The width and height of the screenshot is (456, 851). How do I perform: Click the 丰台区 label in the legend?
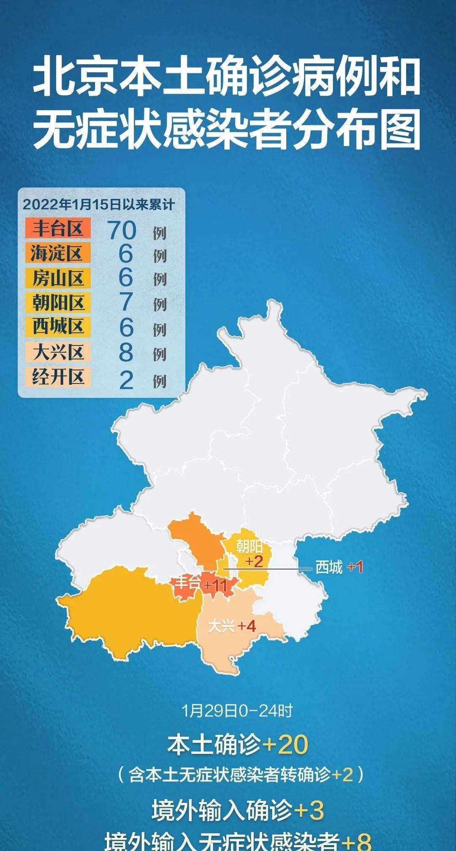coord(57,229)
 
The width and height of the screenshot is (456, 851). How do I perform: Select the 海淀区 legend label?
coord(57,253)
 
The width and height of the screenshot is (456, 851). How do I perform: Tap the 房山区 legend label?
coord(57,278)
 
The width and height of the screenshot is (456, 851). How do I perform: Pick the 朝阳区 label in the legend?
coord(57,302)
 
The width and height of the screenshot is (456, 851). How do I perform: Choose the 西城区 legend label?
coord(57,326)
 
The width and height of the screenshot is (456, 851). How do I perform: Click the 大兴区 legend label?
coord(57,352)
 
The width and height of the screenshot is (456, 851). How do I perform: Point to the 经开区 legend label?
coord(57,377)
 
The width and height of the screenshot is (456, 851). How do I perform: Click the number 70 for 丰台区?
coord(122,231)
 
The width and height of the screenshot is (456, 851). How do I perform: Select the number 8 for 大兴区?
coord(126,352)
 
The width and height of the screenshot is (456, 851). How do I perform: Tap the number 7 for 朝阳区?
coord(126,302)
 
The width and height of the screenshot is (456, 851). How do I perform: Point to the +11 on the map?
coord(216,585)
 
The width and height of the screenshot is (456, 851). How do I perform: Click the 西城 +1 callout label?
coord(339,567)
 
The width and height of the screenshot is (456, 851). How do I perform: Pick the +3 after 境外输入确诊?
coord(309,810)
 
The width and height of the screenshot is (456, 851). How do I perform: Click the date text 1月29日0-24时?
coord(237,710)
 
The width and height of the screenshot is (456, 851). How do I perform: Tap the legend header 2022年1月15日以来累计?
coord(98,205)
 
